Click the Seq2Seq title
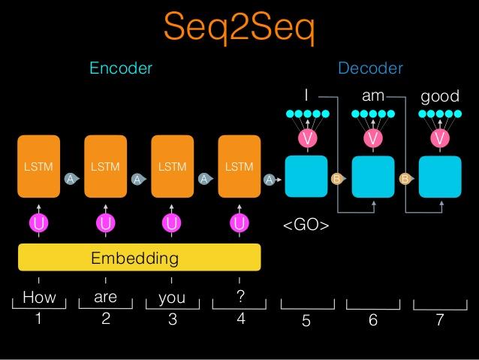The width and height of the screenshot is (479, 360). pos(239,29)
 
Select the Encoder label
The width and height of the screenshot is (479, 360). pos(121,68)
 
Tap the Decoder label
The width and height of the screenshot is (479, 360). pos(370,68)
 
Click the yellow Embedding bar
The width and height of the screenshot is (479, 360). pos(139,258)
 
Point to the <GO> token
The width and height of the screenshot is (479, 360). pos(306,225)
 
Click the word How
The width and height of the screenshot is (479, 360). pos(39,298)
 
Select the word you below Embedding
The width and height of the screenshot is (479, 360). pos(172,298)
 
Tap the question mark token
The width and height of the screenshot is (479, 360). pos(240,297)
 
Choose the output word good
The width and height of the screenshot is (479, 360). pos(440,98)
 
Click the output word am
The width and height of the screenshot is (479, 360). pos(373,96)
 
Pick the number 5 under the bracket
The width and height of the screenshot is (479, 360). pos(306,321)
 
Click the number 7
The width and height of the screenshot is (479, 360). pos(440,320)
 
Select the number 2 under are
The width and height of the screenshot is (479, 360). pos(106,319)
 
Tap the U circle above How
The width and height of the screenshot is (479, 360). pos(39,223)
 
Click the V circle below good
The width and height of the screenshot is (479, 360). pos(440,139)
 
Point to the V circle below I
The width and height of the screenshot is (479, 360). pos(306,139)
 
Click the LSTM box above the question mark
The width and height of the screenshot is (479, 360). pos(239,167)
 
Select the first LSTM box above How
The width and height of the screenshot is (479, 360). pos(39,167)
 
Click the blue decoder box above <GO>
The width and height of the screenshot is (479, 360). pos(306,176)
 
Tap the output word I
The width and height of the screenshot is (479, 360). pos(306,96)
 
